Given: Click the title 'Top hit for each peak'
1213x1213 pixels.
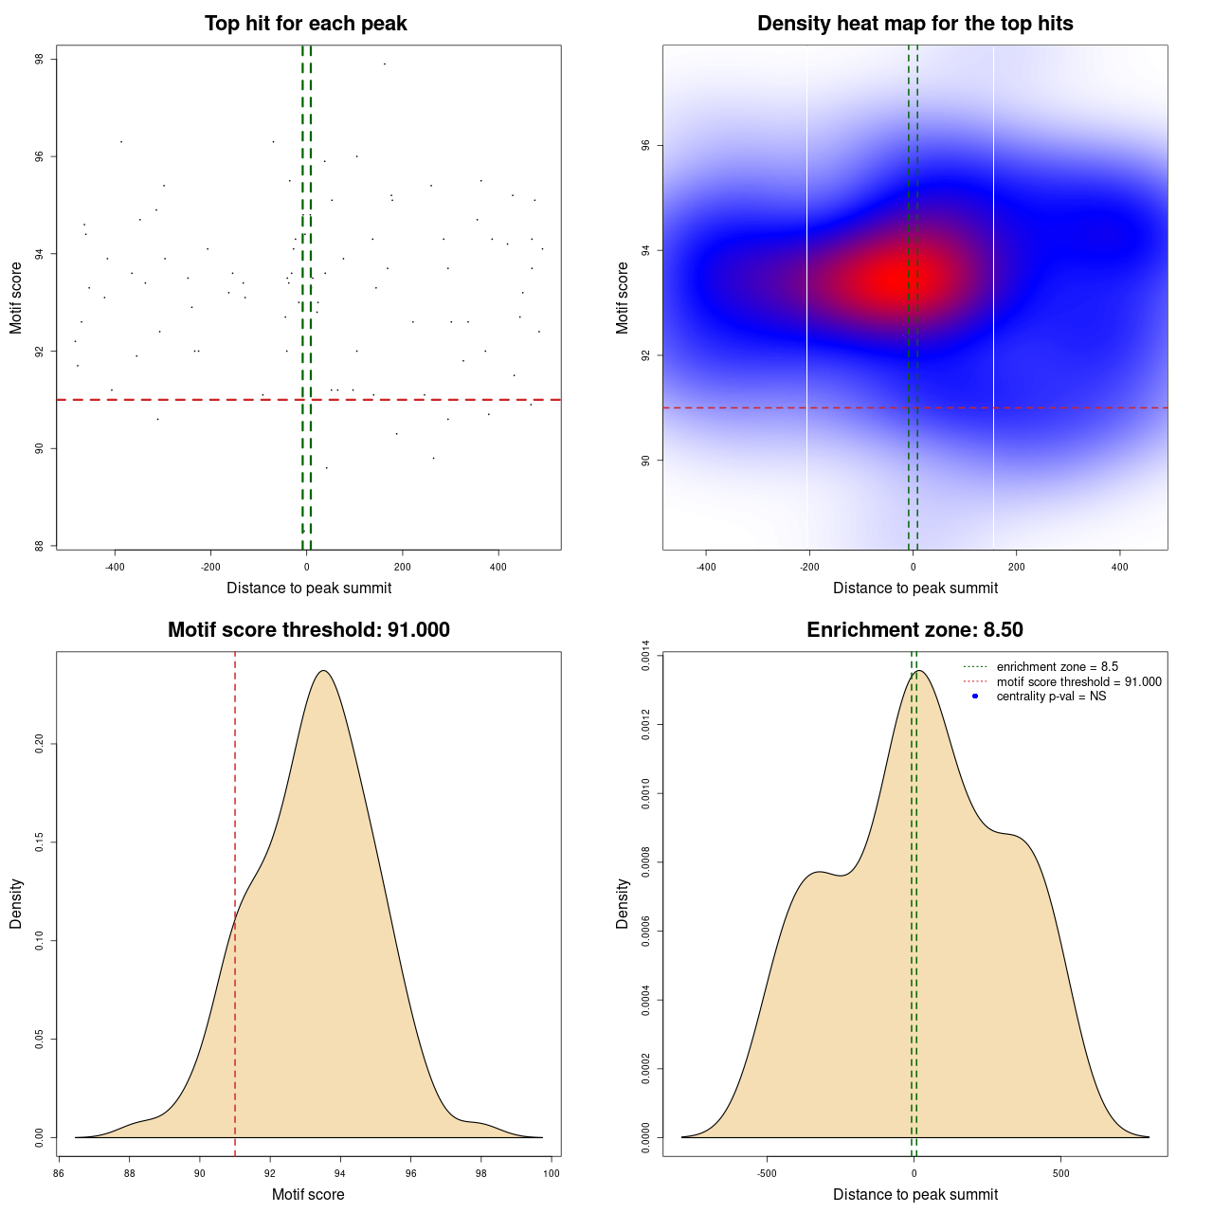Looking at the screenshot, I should pyautogui.click(x=305, y=24).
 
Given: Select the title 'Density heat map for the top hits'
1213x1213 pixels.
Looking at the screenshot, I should pyautogui.click(x=914, y=24).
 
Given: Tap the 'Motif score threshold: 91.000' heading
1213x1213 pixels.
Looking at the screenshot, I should pyautogui.click(x=308, y=630).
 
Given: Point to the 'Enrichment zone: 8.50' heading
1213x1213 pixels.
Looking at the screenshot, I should pyautogui.click(x=914, y=630).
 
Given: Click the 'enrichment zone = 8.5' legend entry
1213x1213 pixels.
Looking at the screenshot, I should pyautogui.click(x=1057, y=667).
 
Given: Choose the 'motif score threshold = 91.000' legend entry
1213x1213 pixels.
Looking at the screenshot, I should pyautogui.click(x=1078, y=682).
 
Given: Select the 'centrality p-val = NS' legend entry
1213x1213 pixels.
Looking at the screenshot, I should pyautogui.click(x=1051, y=697).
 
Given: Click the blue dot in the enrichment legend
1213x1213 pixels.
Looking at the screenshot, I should pyautogui.click(x=975, y=697).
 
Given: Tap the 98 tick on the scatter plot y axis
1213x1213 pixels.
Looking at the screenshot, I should pyautogui.click(x=40, y=59).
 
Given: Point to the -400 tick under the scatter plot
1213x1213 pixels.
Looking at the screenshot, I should pyautogui.click(x=115, y=568).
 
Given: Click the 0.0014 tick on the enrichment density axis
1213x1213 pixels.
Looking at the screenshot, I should pyautogui.click(x=646, y=656).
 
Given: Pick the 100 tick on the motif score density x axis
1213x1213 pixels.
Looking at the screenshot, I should pyautogui.click(x=552, y=1173).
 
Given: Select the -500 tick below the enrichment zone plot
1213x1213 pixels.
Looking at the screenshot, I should pyautogui.click(x=768, y=1173).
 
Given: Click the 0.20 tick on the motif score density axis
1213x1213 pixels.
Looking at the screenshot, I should pyautogui.click(x=40, y=744).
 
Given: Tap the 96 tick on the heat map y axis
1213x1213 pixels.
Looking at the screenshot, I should pyautogui.click(x=646, y=145).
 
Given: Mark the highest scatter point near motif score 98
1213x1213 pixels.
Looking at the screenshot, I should pyautogui.click(x=384, y=63).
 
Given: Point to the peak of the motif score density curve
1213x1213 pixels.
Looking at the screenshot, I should pyautogui.click(x=324, y=671).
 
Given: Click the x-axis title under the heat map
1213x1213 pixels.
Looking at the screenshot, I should pyautogui.click(x=914, y=588).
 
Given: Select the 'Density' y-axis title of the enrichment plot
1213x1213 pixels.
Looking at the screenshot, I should pyautogui.click(x=623, y=903).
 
